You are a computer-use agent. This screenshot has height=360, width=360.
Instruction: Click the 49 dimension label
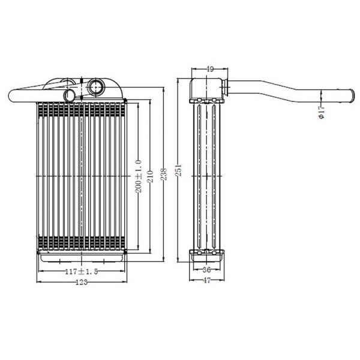click(209, 69)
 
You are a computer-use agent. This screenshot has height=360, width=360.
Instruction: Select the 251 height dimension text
click(179, 170)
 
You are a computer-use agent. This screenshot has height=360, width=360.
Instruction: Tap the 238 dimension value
click(164, 174)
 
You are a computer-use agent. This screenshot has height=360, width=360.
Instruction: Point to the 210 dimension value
click(151, 176)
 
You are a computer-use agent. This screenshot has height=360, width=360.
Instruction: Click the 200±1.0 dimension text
click(139, 176)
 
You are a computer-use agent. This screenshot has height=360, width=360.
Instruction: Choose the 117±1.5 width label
click(82, 272)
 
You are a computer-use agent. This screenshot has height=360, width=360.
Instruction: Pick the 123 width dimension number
click(82, 282)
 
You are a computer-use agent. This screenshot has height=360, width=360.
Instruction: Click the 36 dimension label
click(206, 270)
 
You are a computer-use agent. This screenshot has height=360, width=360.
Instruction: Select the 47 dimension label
click(206, 280)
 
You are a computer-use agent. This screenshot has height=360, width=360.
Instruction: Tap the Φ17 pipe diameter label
click(322, 112)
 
